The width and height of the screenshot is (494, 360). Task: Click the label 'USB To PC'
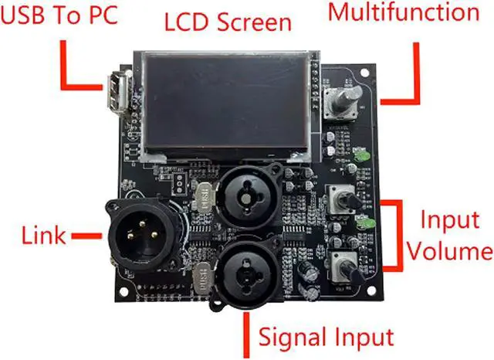[x=59, y=16]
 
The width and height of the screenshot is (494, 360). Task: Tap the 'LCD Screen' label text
[x=228, y=21]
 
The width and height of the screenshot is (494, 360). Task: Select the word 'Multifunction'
[x=403, y=12]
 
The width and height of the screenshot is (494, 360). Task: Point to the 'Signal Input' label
[x=326, y=338]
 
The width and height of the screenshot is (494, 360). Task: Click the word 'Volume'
[x=450, y=252]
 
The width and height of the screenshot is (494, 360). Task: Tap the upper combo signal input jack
[x=246, y=197]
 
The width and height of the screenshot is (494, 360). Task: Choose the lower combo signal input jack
[x=246, y=268]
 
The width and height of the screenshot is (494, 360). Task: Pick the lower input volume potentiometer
[x=346, y=265]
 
